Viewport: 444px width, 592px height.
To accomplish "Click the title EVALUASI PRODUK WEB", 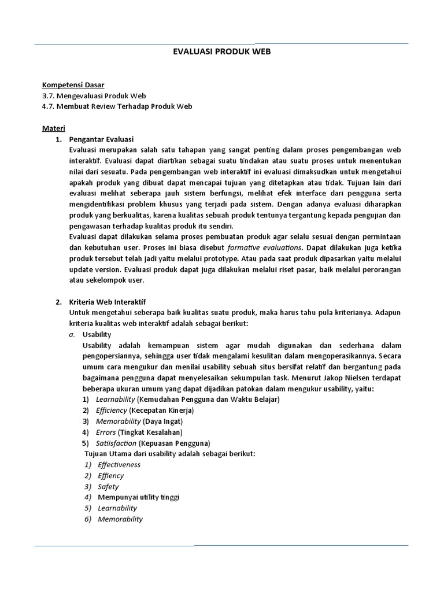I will coord(222,51).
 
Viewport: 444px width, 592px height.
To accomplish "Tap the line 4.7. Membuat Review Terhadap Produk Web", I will coord(117,106).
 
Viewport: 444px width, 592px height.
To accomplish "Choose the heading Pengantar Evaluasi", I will coord(101,139).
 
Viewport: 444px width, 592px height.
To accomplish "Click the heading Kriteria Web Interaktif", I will coord(108,302).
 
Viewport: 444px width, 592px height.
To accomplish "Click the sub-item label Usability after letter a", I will coord(97,334).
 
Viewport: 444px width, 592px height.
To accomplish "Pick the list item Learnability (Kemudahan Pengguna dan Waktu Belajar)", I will coord(188,399).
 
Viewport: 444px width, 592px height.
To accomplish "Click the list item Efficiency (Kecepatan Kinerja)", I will coord(145,410).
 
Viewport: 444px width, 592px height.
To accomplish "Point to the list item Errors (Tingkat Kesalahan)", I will coord(139,432).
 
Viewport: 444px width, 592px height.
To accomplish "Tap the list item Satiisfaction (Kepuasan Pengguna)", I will coord(153,443).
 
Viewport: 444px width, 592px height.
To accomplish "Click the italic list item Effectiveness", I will coord(119,465).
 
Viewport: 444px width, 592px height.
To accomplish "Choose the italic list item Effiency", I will coord(111,476).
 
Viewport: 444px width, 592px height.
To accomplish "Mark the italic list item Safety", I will coord(108,487).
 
